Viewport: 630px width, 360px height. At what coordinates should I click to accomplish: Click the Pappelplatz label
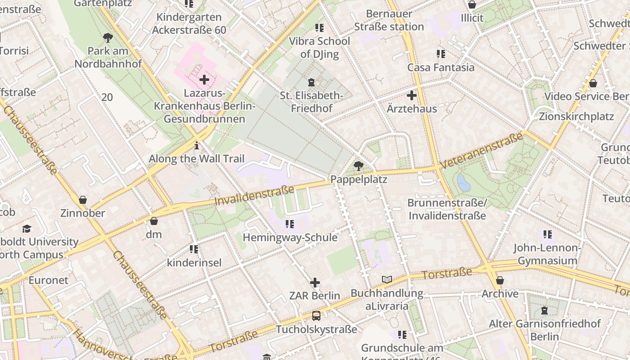click(359, 179)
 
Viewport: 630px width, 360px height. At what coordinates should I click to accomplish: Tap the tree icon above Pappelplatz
click(359, 166)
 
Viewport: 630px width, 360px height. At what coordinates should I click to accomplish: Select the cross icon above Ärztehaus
click(411, 95)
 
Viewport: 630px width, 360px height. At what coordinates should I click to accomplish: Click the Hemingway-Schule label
click(290, 237)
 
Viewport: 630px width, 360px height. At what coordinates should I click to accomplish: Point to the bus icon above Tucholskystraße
click(316, 316)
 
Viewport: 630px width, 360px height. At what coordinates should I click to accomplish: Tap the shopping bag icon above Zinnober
click(82, 200)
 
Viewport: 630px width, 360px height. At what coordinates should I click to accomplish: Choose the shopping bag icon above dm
click(153, 221)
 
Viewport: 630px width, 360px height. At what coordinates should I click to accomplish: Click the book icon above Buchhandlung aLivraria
click(387, 279)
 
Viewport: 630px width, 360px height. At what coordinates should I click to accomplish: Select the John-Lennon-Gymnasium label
click(547, 254)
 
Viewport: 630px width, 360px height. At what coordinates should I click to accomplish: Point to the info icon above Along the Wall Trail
click(196, 145)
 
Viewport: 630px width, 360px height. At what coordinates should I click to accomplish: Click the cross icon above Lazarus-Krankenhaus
click(204, 80)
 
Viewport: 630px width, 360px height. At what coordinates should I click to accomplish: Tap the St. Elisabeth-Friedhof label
click(311, 102)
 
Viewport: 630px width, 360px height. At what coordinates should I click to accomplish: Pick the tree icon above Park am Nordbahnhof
click(108, 37)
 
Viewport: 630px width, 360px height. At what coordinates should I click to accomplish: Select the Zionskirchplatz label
click(576, 117)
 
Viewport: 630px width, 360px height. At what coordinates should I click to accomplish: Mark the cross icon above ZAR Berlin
click(315, 283)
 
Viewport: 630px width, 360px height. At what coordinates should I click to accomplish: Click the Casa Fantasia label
click(441, 67)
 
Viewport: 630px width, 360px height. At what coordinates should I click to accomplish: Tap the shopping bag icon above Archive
click(499, 281)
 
